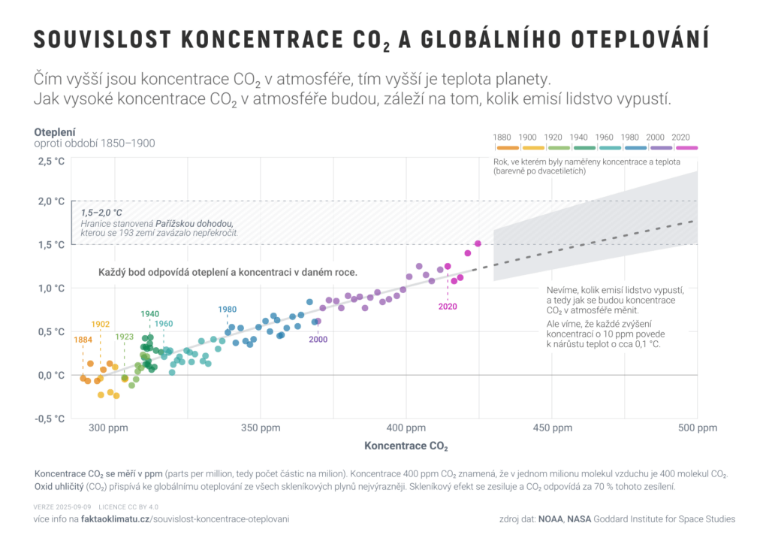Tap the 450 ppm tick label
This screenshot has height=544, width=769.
(553, 428)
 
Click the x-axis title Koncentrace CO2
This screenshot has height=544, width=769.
(406, 446)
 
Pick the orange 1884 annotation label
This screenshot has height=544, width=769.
(83, 340)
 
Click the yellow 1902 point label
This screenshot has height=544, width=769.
(101, 324)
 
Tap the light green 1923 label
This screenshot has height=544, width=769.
(125, 337)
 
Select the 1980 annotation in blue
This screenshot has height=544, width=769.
(228, 309)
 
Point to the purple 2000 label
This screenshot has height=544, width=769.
(318, 340)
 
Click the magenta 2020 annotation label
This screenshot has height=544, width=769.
(448, 306)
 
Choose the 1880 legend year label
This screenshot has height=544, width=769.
(502, 137)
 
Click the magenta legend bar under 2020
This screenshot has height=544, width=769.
(682, 147)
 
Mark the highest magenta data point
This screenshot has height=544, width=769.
(478, 243)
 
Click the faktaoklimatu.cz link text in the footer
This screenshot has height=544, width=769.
(115, 519)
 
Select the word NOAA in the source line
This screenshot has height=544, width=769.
(552, 519)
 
